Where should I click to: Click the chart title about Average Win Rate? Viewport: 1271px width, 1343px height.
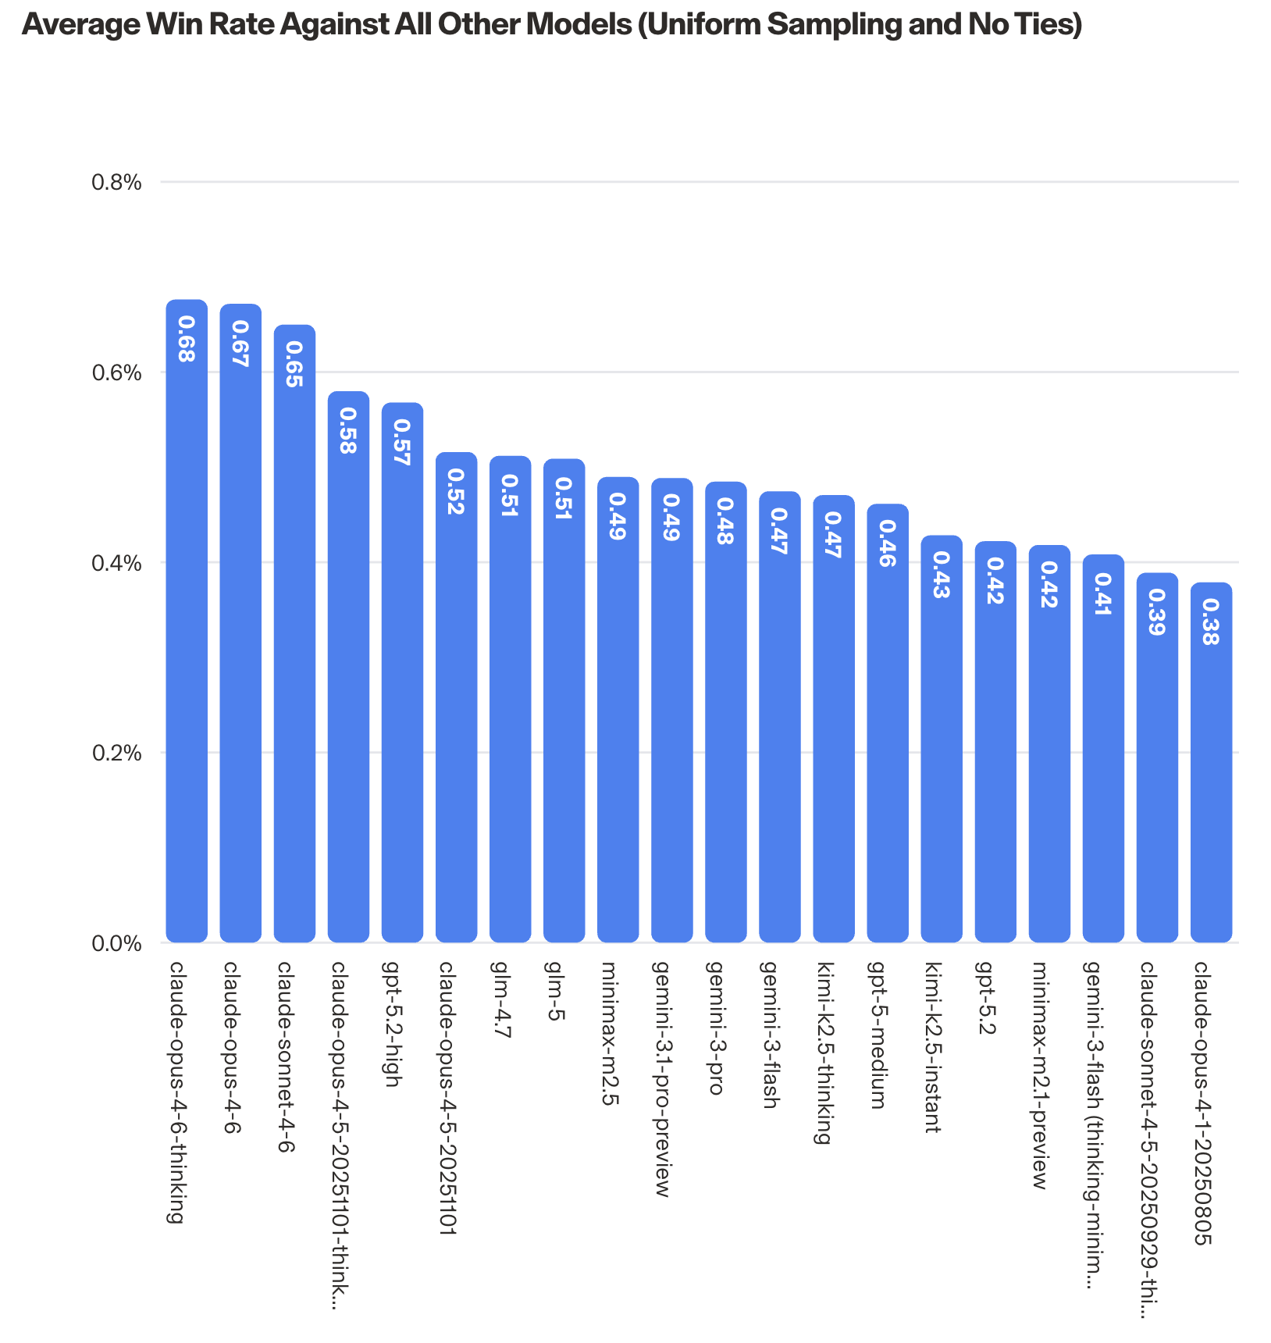(x=552, y=25)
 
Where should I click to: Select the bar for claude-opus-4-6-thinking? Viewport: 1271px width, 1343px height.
(x=187, y=625)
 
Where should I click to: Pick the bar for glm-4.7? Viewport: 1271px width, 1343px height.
(x=510, y=703)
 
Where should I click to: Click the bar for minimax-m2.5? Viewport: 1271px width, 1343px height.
(x=618, y=711)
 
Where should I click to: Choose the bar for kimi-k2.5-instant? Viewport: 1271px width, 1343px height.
(x=942, y=742)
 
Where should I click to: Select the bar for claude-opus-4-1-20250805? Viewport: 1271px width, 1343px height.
(x=1211, y=765)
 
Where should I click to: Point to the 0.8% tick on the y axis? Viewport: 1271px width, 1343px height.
(x=117, y=183)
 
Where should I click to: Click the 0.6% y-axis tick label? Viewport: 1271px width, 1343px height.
(x=117, y=372)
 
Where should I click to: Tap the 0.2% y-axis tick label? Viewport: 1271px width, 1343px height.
(x=117, y=753)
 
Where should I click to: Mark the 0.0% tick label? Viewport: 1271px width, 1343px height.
(x=117, y=943)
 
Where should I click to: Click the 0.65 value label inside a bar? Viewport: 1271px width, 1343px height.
(x=294, y=365)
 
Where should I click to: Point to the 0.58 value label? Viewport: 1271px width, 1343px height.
(x=348, y=431)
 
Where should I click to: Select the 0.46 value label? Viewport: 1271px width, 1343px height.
(x=888, y=543)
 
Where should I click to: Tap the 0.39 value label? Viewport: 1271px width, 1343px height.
(x=1157, y=612)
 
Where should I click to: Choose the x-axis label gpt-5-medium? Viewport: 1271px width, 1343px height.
(x=878, y=1035)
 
